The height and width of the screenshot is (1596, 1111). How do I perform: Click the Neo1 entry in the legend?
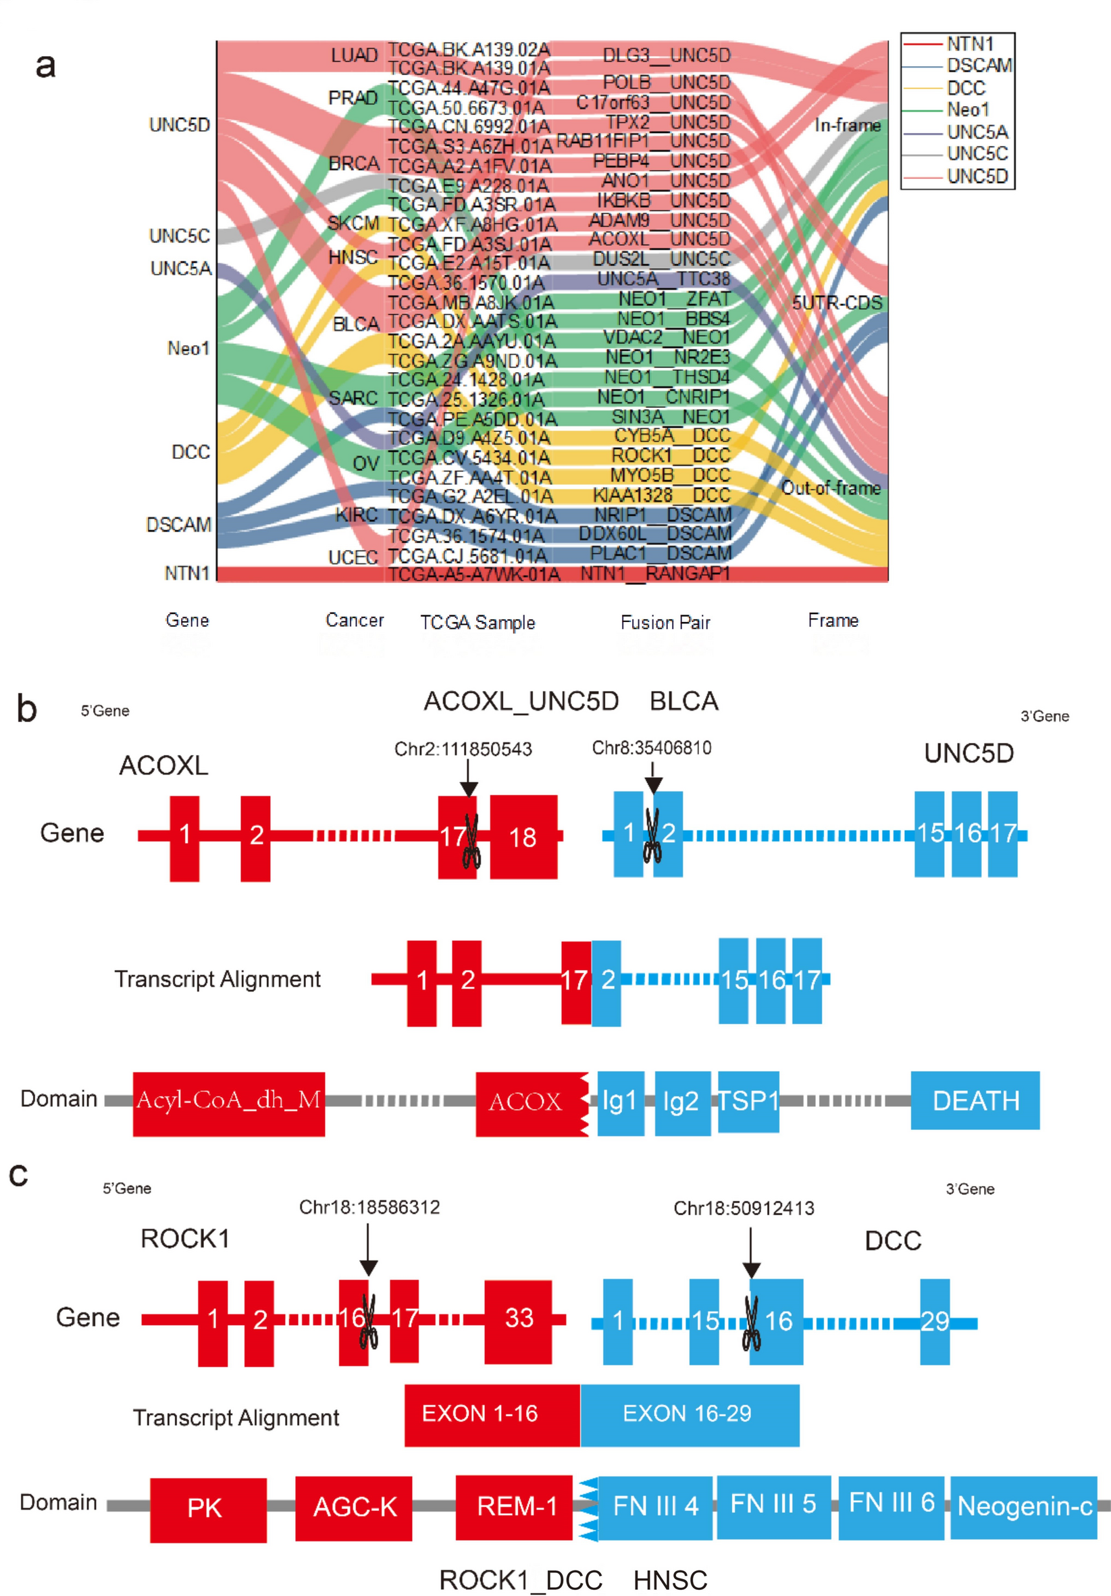tap(967, 110)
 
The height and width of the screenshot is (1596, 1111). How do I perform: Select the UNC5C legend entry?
tap(977, 153)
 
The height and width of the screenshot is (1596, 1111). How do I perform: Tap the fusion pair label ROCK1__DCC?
tap(670, 455)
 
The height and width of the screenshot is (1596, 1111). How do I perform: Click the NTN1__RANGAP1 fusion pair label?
tap(655, 574)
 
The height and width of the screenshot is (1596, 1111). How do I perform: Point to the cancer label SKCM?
tap(354, 223)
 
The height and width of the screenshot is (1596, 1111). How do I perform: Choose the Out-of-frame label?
tap(831, 488)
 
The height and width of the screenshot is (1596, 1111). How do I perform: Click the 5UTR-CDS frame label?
tap(836, 303)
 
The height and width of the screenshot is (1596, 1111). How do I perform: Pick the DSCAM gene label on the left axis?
tap(179, 524)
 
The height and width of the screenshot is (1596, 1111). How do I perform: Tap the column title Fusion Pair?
tap(665, 622)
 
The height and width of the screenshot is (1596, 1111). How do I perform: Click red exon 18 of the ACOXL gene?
tap(523, 837)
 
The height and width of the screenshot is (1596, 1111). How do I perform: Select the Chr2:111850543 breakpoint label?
tap(463, 749)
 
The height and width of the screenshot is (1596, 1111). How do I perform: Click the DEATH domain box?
tap(975, 1101)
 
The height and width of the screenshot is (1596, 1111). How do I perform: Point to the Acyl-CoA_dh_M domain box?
tap(229, 1100)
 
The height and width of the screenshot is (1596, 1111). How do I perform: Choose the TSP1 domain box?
tap(748, 1101)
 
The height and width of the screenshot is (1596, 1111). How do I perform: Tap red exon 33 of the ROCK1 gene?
tap(518, 1318)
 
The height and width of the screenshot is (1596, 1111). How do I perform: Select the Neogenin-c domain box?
tap(1023, 1505)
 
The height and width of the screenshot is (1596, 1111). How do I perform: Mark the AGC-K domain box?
tap(354, 1507)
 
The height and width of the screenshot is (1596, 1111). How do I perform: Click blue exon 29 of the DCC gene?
tap(935, 1320)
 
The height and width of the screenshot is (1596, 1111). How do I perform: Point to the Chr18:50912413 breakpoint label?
tap(743, 1208)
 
